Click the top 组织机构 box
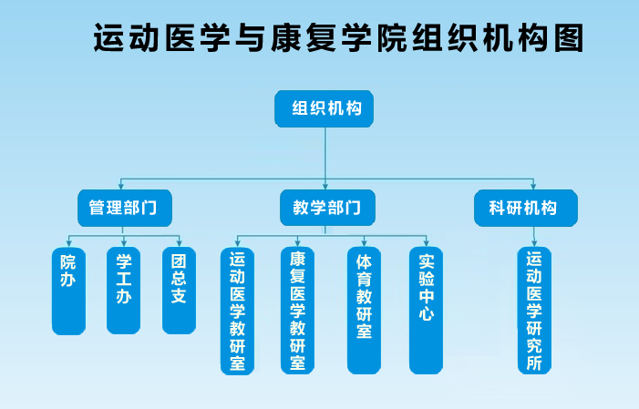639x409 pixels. click(x=324, y=108)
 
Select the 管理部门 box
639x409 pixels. click(x=125, y=208)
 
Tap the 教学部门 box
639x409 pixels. click(x=327, y=208)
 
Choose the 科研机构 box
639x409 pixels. click(x=526, y=208)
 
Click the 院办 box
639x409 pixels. click(x=68, y=291)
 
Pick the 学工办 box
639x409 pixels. click(x=123, y=290)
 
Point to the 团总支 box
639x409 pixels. click(x=179, y=290)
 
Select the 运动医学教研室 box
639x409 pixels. click(x=237, y=311)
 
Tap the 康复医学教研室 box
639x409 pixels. click(x=297, y=311)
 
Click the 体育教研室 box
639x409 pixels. click(x=364, y=311)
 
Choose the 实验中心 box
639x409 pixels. click(x=426, y=311)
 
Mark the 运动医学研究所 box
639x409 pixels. click(x=534, y=311)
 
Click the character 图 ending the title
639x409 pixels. click(x=570, y=38)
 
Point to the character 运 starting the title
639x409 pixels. click(x=108, y=38)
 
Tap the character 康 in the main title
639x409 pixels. click(x=285, y=38)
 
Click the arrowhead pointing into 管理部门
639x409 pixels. click(x=120, y=186)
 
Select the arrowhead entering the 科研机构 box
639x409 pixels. click(x=533, y=186)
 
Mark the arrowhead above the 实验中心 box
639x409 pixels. click(x=427, y=243)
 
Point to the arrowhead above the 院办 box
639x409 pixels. click(x=69, y=243)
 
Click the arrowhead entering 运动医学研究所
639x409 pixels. click(x=534, y=243)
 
